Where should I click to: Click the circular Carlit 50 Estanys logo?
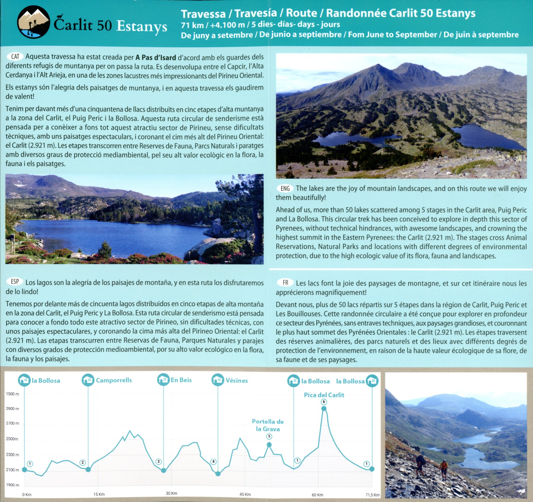[34, 22]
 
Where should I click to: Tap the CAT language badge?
[15, 57]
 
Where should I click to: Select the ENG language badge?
[285, 188]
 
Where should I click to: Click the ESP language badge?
[15, 282]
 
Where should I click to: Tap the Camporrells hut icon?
[88, 380]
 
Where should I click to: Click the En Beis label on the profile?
[181, 380]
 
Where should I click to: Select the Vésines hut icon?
[218, 380]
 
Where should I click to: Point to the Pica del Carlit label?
[324, 395]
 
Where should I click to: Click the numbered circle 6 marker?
[324, 402]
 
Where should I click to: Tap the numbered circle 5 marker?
[269, 437]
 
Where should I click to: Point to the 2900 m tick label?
[12, 409]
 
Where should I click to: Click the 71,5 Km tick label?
[372, 495]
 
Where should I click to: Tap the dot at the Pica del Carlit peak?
[324, 408]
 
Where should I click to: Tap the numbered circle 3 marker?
[159, 462]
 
